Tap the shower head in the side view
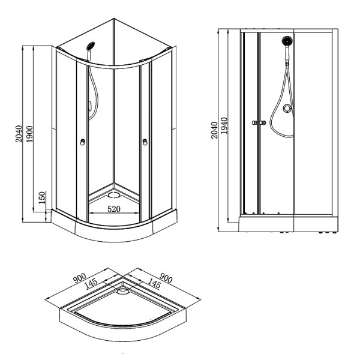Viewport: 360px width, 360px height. point(287,41)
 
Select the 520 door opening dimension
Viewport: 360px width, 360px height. point(116,209)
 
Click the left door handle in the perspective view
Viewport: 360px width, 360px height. point(83,142)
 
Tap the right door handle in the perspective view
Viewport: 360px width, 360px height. point(145,142)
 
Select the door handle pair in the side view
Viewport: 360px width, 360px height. point(259,123)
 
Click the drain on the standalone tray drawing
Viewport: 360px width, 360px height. point(123,291)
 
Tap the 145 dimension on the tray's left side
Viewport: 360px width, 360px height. point(92,283)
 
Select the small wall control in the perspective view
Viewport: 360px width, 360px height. point(88,107)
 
